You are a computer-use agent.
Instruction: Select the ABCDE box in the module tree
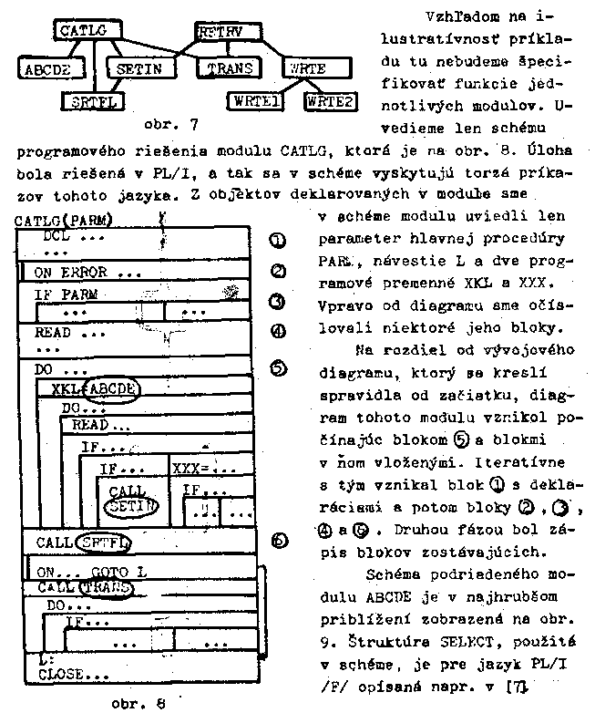click(x=51, y=68)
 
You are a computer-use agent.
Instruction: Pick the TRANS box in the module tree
click(x=230, y=68)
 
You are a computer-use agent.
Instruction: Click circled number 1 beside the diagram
click(x=279, y=240)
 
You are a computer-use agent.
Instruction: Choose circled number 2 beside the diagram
click(x=279, y=271)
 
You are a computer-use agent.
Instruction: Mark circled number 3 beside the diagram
click(x=279, y=302)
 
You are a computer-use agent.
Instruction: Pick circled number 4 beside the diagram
click(x=279, y=332)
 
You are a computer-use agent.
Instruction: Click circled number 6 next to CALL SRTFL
click(x=280, y=539)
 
